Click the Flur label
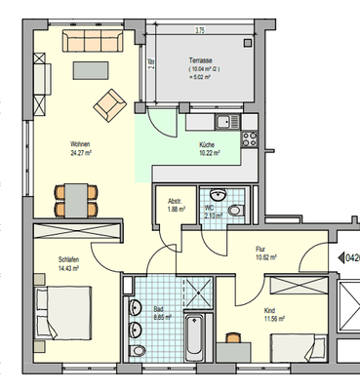click(261, 249)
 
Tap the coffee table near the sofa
click(93, 70)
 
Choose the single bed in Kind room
click(293, 347)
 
